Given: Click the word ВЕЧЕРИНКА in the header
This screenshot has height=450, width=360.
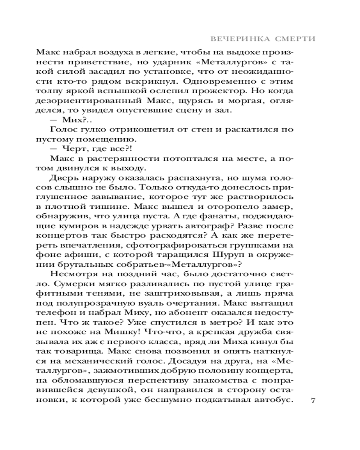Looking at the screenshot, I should pyautogui.click(x=243, y=39).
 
